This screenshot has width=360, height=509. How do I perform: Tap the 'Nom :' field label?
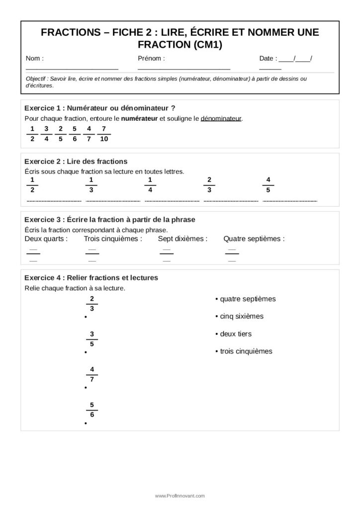coord(35,59)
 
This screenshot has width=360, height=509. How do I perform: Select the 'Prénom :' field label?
coord(151,59)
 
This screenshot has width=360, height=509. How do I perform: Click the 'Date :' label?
coord(268,59)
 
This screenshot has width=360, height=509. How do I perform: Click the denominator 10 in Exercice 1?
coord(103,139)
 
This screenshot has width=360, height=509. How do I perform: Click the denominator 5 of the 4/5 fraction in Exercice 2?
coord(269,190)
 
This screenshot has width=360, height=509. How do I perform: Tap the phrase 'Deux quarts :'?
coord(46,239)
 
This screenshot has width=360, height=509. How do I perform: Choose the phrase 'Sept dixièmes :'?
coord(182,239)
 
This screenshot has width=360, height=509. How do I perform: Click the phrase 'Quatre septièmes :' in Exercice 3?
coord(254,239)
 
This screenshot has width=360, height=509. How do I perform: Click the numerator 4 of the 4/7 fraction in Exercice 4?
coord(92,369)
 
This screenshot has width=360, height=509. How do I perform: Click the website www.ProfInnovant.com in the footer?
coord(180,496)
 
